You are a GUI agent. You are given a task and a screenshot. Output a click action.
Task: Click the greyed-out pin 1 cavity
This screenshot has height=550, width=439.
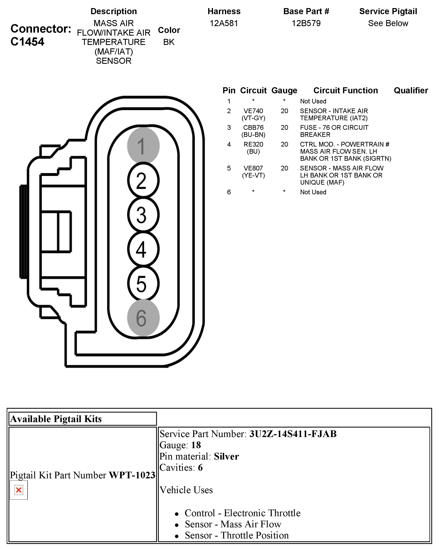(x=143, y=146)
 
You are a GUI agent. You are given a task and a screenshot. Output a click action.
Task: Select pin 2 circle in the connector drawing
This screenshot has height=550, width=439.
(x=143, y=180)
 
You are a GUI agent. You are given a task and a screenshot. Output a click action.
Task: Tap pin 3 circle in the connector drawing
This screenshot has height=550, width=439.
(x=143, y=215)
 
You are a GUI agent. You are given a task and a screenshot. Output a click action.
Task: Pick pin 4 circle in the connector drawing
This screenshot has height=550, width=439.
(x=143, y=249)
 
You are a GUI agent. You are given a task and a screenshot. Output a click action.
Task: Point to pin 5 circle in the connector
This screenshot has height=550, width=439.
(x=143, y=283)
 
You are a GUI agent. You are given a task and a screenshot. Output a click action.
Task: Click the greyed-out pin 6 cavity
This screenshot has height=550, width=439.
(x=143, y=318)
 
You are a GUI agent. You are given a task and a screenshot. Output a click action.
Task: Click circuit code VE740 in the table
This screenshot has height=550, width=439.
(x=253, y=111)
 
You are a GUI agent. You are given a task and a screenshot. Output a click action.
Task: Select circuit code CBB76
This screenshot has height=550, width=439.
(x=253, y=128)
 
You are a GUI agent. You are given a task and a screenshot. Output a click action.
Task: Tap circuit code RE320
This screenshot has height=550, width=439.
(x=253, y=144)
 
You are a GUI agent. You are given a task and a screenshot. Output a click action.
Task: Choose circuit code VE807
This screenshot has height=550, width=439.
(x=253, y=168)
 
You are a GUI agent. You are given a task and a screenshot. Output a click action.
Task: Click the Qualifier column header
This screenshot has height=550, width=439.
(x=411, y=90)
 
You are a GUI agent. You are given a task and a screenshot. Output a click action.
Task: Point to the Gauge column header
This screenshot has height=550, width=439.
(x=284, y=90)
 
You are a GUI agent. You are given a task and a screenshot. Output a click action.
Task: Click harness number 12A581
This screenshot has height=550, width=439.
(x=224, y=23)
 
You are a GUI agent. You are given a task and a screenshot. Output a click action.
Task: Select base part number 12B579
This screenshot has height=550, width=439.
(x=306, y=23)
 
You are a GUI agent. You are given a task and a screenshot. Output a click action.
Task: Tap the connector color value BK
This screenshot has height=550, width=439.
(x=169, y=42)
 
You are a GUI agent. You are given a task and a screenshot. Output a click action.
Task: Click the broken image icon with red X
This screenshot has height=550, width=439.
(x=19, y=490)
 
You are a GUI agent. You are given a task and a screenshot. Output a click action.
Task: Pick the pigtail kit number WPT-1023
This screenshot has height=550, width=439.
(x=132, y=475)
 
